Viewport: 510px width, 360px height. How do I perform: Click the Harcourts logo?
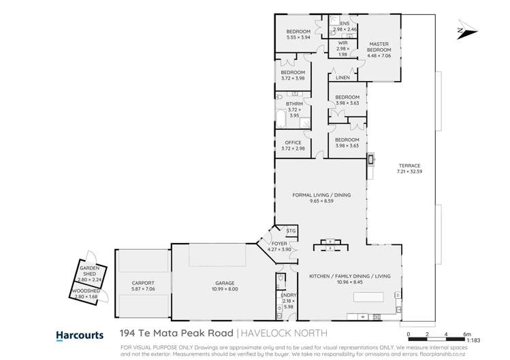coord(79,335)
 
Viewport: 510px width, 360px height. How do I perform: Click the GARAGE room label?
coord(225,282)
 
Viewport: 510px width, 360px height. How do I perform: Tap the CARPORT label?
coord(143,282)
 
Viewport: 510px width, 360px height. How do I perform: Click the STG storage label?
coord(291,231)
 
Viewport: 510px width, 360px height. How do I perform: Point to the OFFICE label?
coord(293,142)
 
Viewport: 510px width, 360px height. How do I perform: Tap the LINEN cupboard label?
coord(342,78)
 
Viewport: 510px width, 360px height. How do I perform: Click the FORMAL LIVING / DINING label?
coord(321,195)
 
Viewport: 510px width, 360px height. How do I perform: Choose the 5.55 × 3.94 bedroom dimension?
coord(298,37)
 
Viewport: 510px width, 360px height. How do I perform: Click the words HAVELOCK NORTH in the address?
coord(282,334)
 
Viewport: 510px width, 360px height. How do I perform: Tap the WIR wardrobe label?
coord(342,43)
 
